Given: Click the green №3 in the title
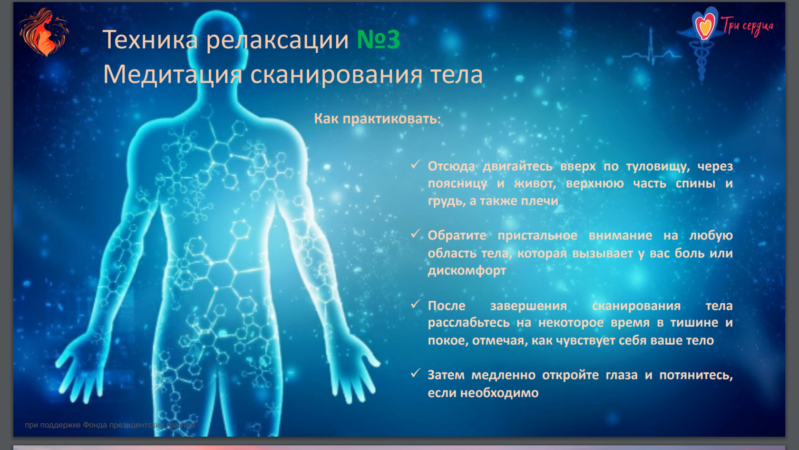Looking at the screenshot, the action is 379,39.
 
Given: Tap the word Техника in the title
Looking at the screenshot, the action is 150,39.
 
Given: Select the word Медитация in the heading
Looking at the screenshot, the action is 173,74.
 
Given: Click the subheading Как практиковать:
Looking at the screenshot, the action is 378,119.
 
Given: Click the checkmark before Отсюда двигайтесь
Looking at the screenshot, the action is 415,164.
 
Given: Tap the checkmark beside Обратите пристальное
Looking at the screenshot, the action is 415,233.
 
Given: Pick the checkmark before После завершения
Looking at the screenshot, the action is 415,304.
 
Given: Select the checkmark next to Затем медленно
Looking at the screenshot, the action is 415,373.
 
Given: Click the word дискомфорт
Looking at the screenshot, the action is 467,270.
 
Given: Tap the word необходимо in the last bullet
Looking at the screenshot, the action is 499,393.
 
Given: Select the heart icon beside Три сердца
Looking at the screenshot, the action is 704,24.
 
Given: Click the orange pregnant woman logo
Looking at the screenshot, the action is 44,32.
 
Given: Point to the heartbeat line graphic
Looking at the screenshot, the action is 652,53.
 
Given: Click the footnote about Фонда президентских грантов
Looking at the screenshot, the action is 110,425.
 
